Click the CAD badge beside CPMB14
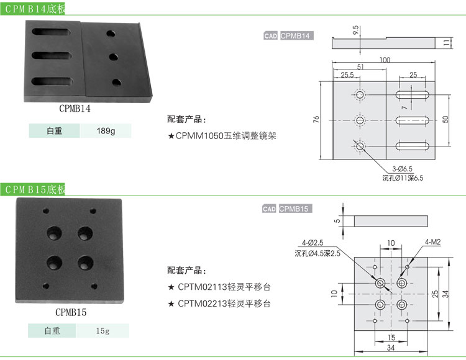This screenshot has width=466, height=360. coord(270,36)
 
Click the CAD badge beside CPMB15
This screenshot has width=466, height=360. coord(269,209)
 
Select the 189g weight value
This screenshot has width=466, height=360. coord(106,131)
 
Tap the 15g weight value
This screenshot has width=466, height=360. coord(103,331)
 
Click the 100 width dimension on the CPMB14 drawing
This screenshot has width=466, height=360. coord(385,60)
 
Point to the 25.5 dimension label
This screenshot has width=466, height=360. coord(347,75)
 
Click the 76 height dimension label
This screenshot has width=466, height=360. coord(316,119)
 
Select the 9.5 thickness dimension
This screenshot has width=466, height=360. coord(355,30)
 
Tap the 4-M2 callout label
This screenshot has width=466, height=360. coord(432,241)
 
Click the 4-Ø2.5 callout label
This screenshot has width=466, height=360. coord(313,243)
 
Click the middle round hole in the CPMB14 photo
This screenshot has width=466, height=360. coord(114,57)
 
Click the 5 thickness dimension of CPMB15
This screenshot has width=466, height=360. coord(337,220)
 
